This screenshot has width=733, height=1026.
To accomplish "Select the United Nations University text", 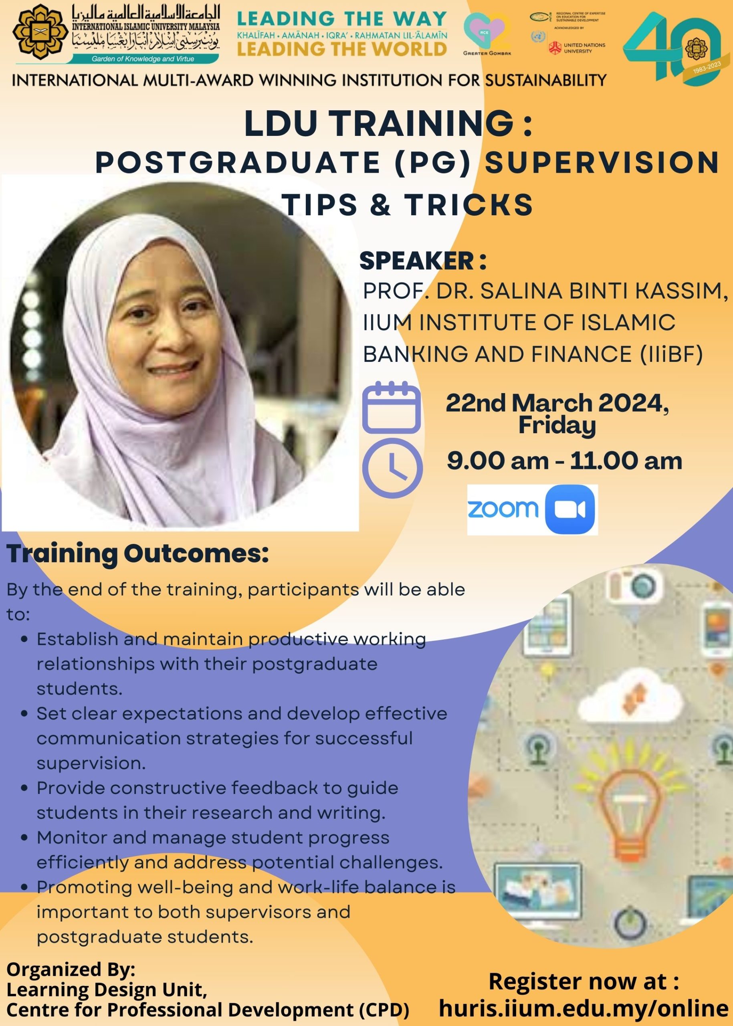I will coord(584,48).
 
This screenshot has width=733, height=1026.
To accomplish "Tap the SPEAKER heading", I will coord(422,261).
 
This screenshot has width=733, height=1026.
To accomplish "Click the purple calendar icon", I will coord(391,408).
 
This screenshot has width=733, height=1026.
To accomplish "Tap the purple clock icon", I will coord(392,468).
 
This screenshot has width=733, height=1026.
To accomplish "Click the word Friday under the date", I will coord(557,426).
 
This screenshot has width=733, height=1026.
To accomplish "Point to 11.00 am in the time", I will coord(626,461).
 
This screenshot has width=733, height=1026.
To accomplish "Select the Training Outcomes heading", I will coord(137,554).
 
